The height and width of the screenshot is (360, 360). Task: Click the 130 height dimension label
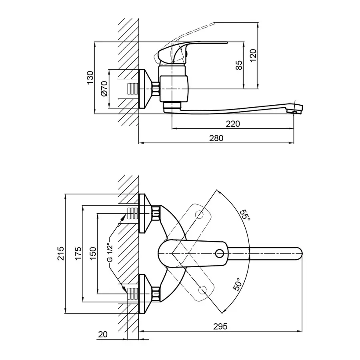point(90,77)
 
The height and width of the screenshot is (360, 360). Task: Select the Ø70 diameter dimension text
point(104,89)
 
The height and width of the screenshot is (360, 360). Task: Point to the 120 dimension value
point(253,54)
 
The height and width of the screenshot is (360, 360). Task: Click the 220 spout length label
point(233,124)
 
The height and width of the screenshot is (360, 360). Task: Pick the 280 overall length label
point(216,138)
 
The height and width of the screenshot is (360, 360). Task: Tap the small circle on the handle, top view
point(219,253)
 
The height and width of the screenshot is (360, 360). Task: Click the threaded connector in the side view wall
point(132,89)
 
